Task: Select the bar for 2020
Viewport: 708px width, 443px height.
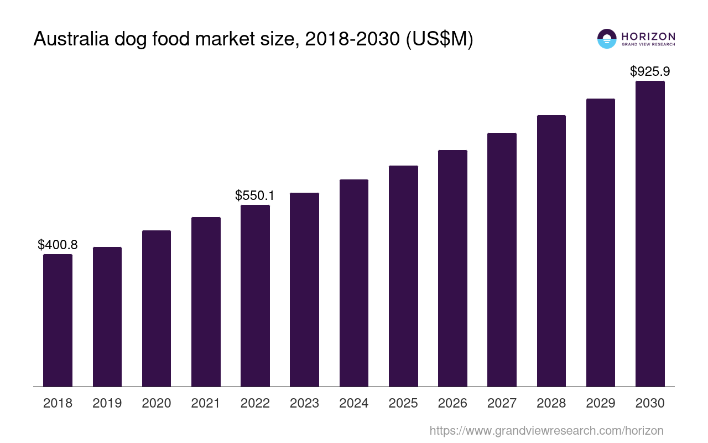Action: pyautogui.click(x=157, y=308)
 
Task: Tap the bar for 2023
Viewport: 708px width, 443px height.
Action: pyautogui.click(x=304, y=290)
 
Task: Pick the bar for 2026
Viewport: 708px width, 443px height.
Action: pyautogui.click(x=452, y=268)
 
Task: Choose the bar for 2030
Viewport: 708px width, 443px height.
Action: pyautogui.click(x=650, y=234)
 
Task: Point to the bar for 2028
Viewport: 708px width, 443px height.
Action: pyautogui.click(x=551, y=251)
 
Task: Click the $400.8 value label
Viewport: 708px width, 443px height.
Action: pyautogui.click(x=58, y=245)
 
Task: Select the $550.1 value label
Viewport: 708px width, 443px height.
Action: pyautogui.click(x=255, y=195)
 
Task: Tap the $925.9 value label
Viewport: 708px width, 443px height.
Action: pyautogui.click(x=650, y=71)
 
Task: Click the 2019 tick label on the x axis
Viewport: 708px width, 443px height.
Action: pyautogui.click(x=107, y=403)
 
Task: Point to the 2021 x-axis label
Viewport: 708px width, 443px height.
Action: pyautogui.click(x=206, y=403)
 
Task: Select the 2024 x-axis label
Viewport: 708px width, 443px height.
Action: pyautogui.click(x=354, y=403)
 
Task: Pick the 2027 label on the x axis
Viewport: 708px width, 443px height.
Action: pyautogui.click(x=502, y=403)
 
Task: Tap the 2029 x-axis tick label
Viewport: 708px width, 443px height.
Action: pyautogui.click(x=601, y=403)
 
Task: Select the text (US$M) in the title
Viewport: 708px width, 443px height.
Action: pyautogui.click(x=440, y=39)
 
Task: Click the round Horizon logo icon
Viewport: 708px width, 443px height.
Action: pyautogui.click(x=607, y=39)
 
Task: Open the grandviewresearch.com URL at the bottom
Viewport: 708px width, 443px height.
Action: pyautogui.click(x=546, y=430)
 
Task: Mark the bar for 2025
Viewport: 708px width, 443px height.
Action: pyautogui.click(x=403, y=276)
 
